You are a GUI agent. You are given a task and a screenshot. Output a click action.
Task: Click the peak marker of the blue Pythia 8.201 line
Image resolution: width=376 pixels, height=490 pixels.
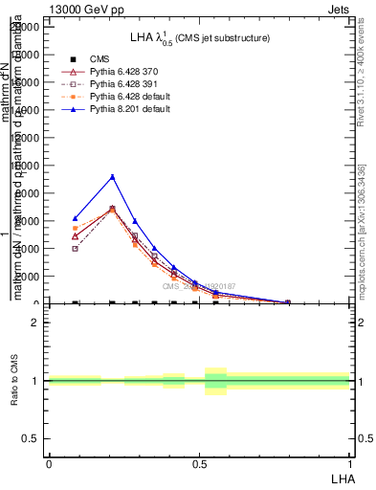click(113, 176)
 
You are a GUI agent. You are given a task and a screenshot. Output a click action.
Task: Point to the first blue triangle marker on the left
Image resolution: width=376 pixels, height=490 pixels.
click(76, 218)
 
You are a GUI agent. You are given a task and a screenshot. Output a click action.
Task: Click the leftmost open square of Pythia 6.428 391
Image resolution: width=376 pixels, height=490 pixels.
click(76, 248)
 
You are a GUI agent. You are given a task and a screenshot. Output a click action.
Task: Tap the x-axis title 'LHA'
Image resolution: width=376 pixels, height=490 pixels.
click(343, 477)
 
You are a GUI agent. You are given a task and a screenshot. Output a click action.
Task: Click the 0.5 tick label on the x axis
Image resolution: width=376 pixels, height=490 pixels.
click(199, 463)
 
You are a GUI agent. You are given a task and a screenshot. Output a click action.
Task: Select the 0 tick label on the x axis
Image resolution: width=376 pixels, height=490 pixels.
click(49, 463)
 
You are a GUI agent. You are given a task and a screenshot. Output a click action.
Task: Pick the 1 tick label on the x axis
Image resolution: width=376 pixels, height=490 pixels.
click(349, 463)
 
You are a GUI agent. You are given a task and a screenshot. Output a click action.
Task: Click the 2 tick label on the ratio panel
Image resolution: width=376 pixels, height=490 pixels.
click(35, 323)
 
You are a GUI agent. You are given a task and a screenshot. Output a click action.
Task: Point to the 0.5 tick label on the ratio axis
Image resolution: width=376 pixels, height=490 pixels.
click(32, 439)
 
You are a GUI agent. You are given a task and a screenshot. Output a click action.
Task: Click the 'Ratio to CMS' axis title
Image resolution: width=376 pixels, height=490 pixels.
click(14, 381)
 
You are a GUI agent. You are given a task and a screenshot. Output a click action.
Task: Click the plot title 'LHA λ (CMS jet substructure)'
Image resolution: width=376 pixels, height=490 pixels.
click(199, 37)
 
